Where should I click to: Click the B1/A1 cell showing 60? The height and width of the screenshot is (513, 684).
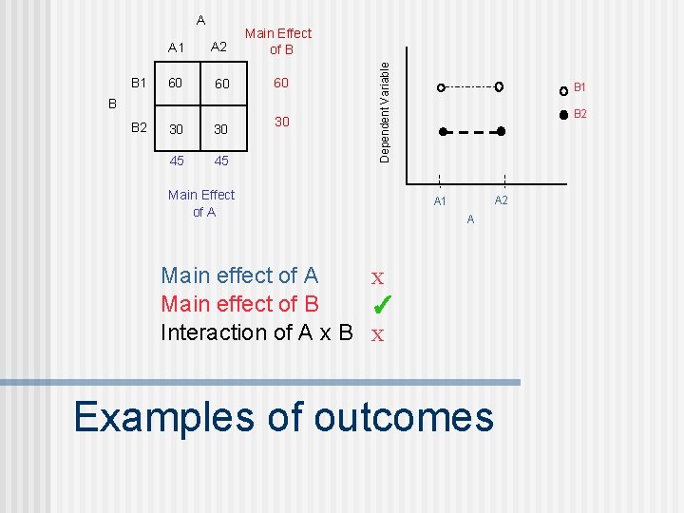[x=175, y=84]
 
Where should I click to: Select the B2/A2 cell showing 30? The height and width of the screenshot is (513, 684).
[x=220, y=129]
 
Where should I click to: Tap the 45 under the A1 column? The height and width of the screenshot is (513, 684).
[x=177, y=161]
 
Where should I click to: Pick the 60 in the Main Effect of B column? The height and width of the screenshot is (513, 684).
[x=281, y=84]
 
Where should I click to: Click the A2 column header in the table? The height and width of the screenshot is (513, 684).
[x=218, y=47]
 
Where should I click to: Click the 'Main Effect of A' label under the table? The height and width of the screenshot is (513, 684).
[x=200, y=203]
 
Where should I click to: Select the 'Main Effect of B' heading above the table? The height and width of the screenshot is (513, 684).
[x=278, y=41]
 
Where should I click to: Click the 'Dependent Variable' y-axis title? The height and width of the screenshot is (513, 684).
[x=385, y=111]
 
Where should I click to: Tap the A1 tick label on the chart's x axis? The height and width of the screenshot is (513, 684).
[x=440, y=201]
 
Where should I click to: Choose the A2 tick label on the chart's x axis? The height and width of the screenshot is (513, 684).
[x=502, y=199]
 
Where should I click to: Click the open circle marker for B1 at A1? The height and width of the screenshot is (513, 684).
[x=441, y=87]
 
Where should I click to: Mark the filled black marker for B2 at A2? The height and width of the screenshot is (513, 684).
[x=502, y=131]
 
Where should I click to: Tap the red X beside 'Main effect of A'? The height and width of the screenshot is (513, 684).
[x=377, y=279]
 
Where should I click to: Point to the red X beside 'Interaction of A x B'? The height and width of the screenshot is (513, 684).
[x=377, y=335]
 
